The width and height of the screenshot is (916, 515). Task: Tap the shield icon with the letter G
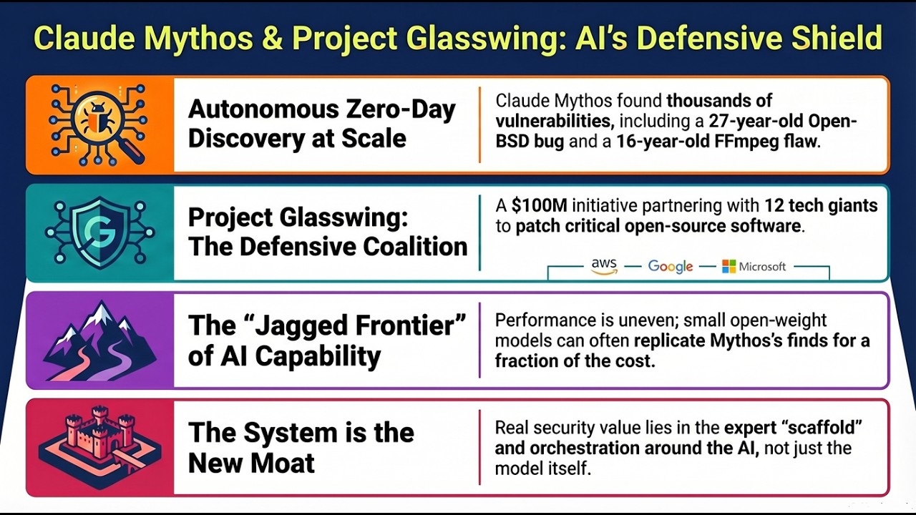pyautogui.click(x=99, y=232)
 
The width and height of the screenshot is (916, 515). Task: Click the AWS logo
pyautogui.click(x=604, y=266)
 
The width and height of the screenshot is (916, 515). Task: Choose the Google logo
pyautogui.click(x=671, y=266)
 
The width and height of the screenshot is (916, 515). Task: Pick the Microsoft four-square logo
pyautogui.click(x=729, y=266)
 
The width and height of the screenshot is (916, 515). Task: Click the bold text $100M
pyautogui.click(x=540, y=206)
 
